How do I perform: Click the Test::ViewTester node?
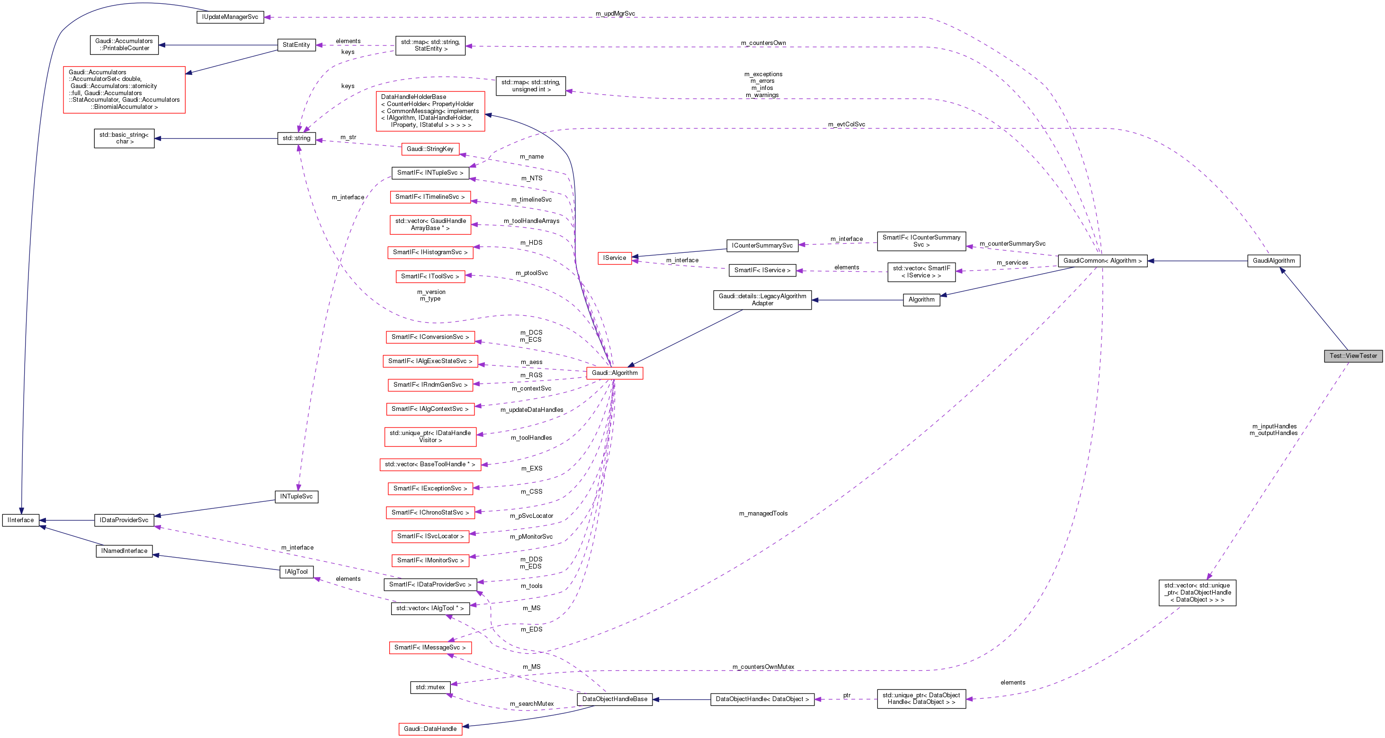click(x=1353, y=356)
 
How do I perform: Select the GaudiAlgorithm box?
click(x=1273, y=261)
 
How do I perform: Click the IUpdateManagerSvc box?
click(x=230, y=17)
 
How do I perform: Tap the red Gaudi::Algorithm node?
click(x=615, y=373)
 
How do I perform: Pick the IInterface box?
click(x=21, y=520)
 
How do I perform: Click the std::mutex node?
click(x=430, y=687)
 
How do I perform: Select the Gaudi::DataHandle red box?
click(x=430, y=729)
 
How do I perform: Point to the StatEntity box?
click(x=296, y=45)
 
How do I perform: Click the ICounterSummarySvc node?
click(x=762, y=246)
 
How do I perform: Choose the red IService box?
click(x=615, y=258)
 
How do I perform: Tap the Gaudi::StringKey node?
click(x=430, y=149)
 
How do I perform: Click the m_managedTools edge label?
click(x=763, y=513)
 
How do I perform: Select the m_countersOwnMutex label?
click(x=763, y=667)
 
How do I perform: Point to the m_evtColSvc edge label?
click(x=846, y=124)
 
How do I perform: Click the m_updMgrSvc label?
click(x=615, y=13)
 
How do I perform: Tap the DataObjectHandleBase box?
click(x=615, y=699)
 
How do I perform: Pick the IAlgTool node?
click(x=296, y=572)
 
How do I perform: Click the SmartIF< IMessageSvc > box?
click(x=430, y=648)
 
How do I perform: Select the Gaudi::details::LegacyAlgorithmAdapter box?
click(x=762, y=300)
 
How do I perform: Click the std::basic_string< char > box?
click(x=124, y=138)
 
